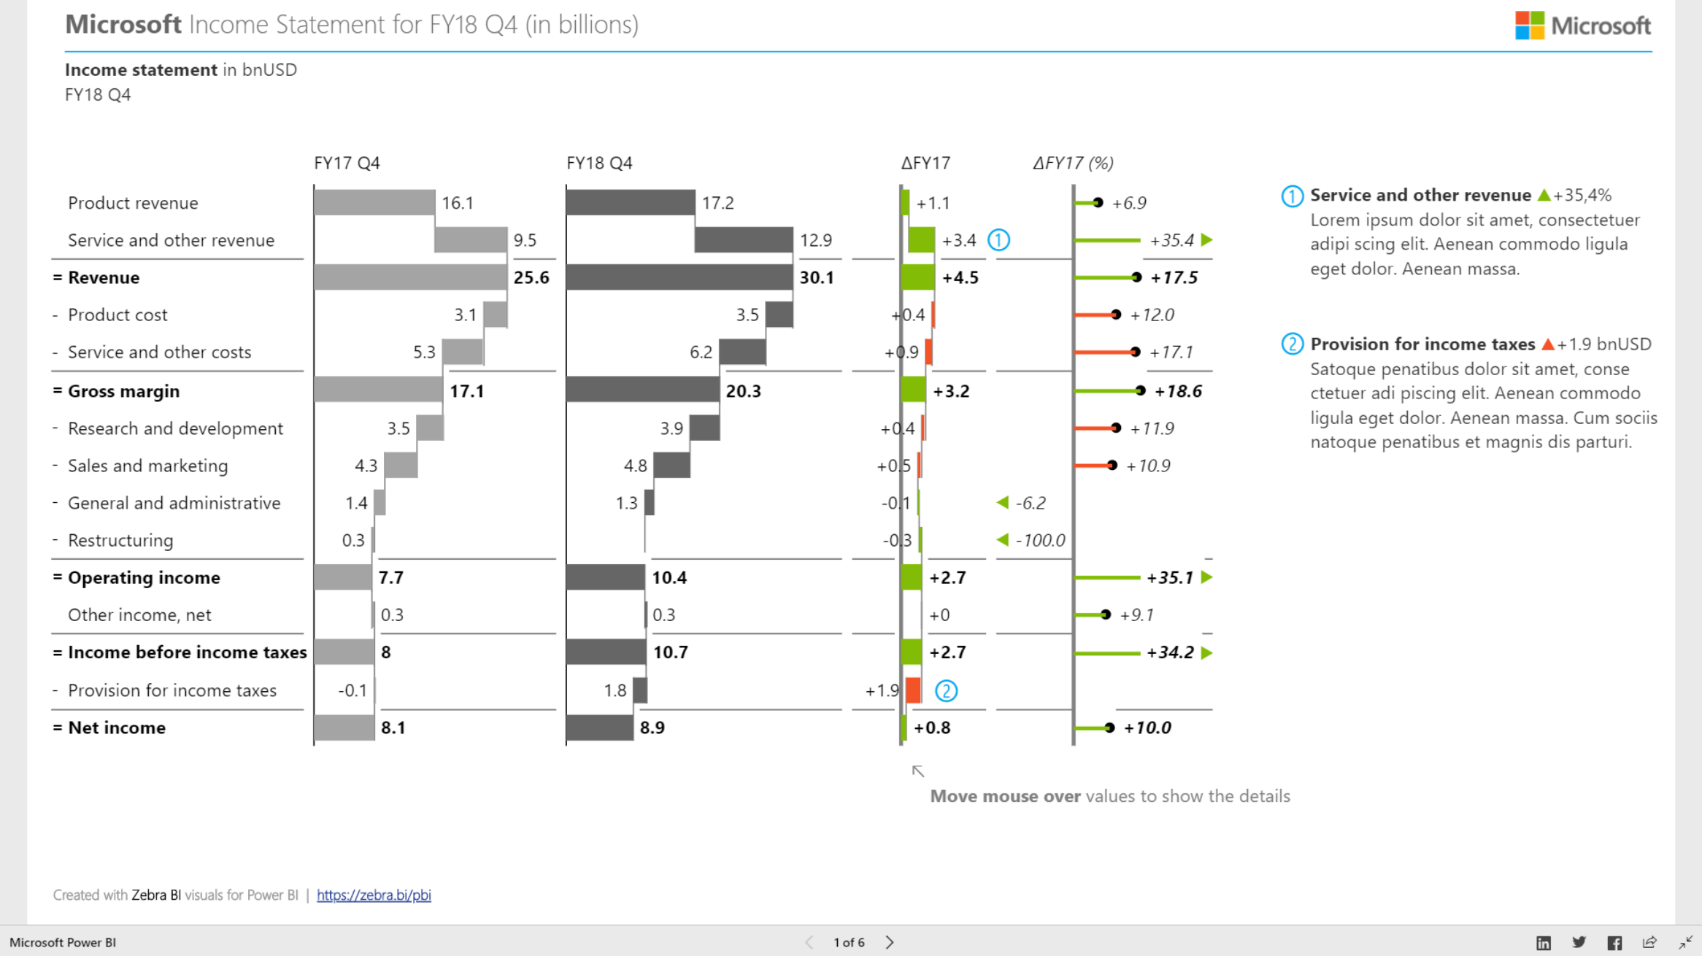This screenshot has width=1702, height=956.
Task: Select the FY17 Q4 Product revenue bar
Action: (x=374, y=202)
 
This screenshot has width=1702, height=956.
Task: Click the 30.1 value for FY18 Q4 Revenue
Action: (x=816, y=277)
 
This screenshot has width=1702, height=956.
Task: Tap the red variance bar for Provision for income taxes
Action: (x=913, y=690)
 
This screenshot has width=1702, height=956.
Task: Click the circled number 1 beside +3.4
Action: (x=998, y=240)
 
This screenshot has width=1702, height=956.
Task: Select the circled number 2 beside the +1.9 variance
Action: (x=946, y=690)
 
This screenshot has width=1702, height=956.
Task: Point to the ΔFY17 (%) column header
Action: (x=1073, y=163)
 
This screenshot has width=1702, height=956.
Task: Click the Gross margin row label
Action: (x=123, y=391)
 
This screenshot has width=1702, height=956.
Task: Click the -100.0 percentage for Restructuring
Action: (x=1040, y=540)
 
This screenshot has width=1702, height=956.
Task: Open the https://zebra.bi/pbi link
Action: (x=374, y=895)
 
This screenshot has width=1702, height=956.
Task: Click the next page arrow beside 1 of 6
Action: (x=889, y=942)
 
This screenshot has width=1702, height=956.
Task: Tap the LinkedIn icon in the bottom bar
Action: (x=1544, y=942)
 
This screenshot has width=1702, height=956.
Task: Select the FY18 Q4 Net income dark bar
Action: (x=599, y=728)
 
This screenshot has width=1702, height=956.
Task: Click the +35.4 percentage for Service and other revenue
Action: (x=1171, y=240)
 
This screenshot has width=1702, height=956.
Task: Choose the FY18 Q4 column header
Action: (x=599, y=163)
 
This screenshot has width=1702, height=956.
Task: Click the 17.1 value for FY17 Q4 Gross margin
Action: (x=466, y=391)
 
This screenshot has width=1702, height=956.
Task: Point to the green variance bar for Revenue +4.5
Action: (x=917, y=277)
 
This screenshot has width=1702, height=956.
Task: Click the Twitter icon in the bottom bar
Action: (x=1579, y=942)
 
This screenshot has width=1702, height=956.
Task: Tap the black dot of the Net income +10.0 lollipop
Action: (x=1109, y=728)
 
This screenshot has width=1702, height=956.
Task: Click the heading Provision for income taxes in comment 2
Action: (x=1422, y=344)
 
